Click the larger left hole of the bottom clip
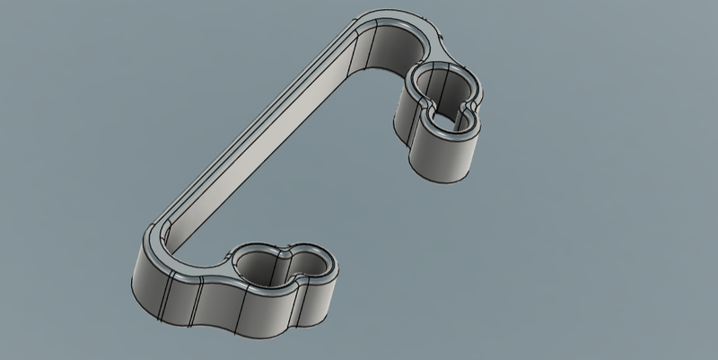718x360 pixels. (x=259, y=264)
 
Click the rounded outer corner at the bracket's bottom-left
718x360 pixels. (x=144, y=269)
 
